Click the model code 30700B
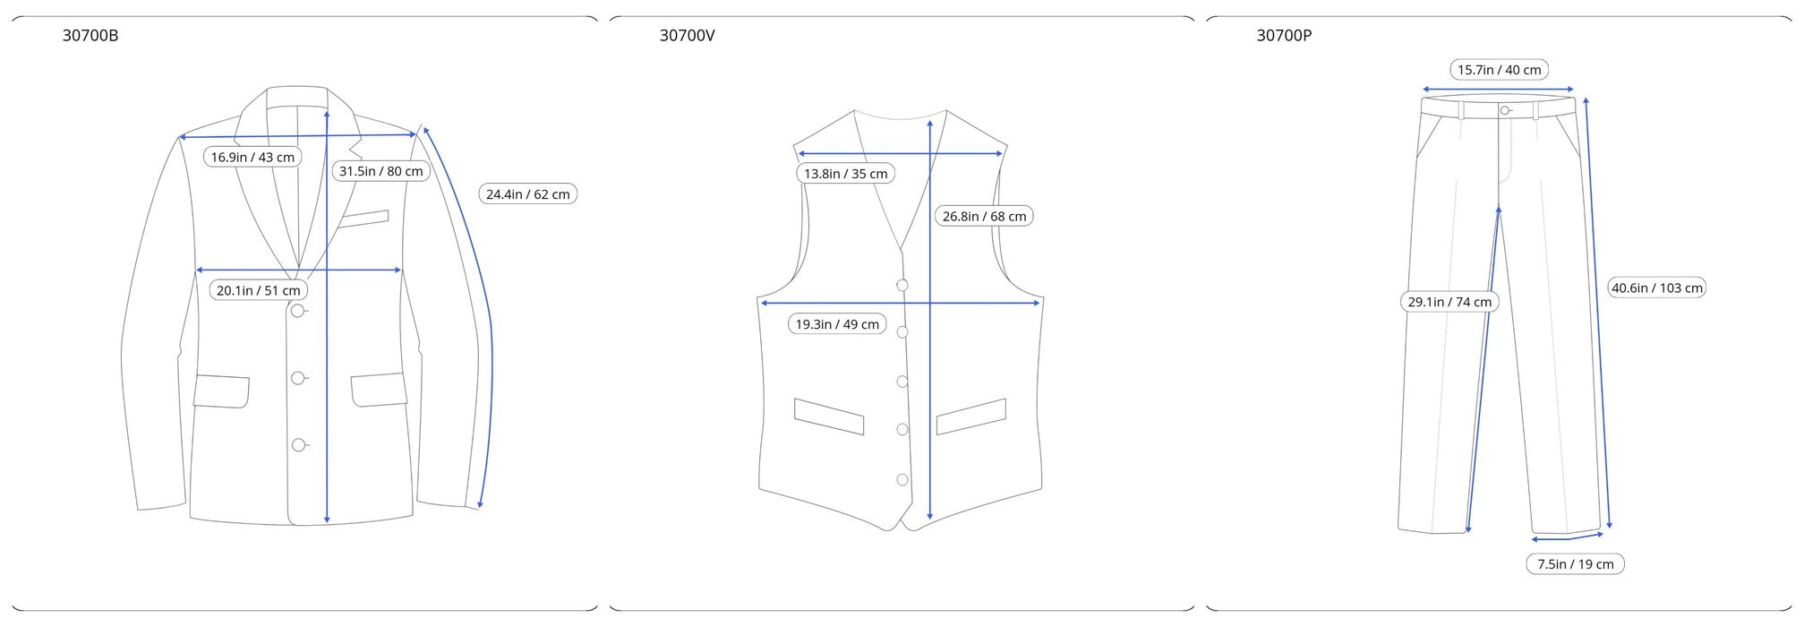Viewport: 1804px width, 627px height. (x=90, y=36)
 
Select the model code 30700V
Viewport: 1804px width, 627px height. (x=687, y=36)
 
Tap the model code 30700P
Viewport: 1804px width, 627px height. (x=1284, y=36)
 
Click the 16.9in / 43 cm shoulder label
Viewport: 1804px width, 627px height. (x=252, y=157)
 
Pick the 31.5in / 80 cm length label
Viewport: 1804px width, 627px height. (x=380, y=171)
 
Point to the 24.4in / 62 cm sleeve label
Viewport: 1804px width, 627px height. (x=528, y=193)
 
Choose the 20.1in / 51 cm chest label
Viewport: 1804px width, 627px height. (x=259, y=290)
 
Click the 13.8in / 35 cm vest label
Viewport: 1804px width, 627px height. (x=845, y=174)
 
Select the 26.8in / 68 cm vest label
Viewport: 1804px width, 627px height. (x=984, y=216)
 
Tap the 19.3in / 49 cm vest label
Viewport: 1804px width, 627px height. (x=837, y=324)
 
